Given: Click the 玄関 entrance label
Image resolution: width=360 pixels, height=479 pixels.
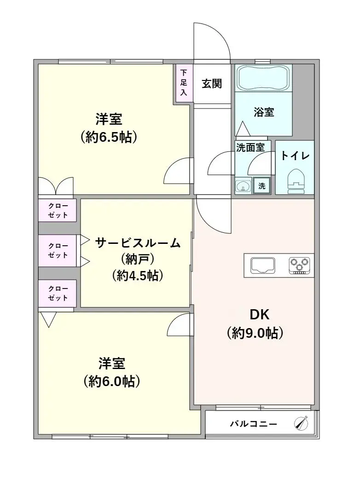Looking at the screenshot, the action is coord(211,83).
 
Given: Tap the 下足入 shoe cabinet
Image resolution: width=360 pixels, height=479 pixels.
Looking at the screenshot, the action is coord(183,83).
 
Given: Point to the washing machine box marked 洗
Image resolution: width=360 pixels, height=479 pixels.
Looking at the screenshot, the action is coord(261,185).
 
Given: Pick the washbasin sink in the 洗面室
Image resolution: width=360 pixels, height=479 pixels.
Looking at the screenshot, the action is coord(243,185).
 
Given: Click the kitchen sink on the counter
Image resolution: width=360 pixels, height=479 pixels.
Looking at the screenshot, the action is coord(262,265).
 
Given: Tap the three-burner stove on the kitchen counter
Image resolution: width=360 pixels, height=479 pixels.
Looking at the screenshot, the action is coord(299,265).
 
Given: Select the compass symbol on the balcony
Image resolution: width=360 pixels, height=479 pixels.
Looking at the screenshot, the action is coord(301,423).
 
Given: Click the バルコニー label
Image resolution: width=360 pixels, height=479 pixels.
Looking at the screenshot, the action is coord(253,424).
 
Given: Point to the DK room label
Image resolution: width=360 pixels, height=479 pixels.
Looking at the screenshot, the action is coord(260,314).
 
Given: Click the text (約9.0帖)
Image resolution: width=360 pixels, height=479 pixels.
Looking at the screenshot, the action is coord(255,333).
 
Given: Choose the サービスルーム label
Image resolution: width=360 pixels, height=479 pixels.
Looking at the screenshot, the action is coord(138,243).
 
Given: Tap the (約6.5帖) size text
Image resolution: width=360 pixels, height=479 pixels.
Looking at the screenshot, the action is coord(109,138).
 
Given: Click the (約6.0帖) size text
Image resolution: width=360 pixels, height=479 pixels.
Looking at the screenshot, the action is coord(111,381).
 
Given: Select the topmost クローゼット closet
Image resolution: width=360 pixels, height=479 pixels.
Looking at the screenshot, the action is coord(57,210).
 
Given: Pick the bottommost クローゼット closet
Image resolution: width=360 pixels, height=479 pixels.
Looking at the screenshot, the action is coord(57,293).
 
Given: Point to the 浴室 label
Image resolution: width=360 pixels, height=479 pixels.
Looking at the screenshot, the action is coord(264,112).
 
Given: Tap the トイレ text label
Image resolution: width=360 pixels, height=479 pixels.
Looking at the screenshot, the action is coord(295,156).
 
